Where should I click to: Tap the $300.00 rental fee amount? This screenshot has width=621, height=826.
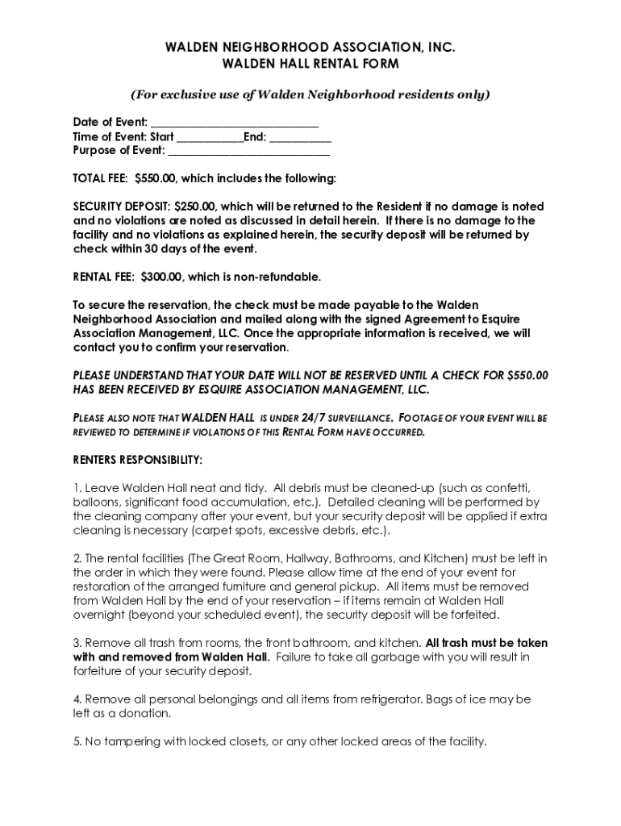(x=162, y=277)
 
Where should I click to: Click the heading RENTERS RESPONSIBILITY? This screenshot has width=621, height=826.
(x=138, y=460)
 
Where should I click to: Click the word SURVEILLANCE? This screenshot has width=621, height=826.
(x=357, y=419)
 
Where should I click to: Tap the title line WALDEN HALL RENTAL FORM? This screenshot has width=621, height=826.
(x=310, y=64)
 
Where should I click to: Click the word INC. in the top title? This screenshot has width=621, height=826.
(x=442, y=48)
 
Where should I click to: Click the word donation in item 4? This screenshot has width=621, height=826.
(x=145, y=714)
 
